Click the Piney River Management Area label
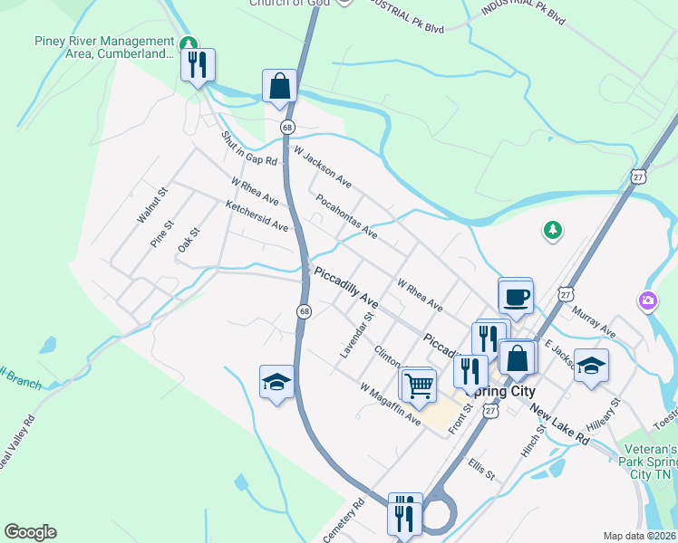(x=103, y=47)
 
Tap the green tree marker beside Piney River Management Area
(x=188, y=43)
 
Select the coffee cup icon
(x=515, y=297)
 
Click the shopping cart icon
(x=419, y=385)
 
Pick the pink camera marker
(x=648, y=300)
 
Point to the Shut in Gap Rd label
(x=248, y=149)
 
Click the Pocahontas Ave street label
(x=347, y=215)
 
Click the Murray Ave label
(x=594, y=322)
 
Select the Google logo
(x=30, y=532)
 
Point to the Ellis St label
(x=481, y=470)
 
